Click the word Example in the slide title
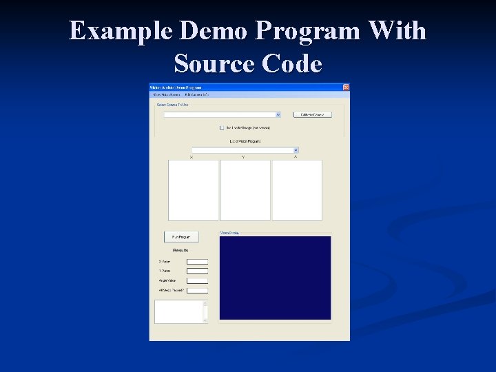click(120, 32)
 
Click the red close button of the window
click(346, 87)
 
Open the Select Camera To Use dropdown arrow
click(278, 114)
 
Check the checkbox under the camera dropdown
click(222, 127)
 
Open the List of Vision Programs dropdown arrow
click(296, 149)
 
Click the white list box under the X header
click(193, 190)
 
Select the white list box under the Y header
click(245, 190)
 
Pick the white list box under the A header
click(297, 190)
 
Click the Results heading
click(180, 250)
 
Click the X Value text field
click(197, 262)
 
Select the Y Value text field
click(197, 271)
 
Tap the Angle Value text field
click(197, 281)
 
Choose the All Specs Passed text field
click(197, 291)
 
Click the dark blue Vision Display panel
click(275, 278)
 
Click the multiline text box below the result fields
click(178, 311)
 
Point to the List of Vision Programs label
click(245, 141)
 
